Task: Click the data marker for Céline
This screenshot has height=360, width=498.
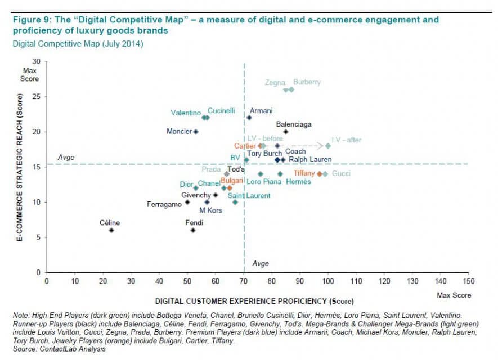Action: (x=111, y=230)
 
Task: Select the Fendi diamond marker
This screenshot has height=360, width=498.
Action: (x=192, y=230)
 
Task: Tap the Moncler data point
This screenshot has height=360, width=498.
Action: (x=196, y=132)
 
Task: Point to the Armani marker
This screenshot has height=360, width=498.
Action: (x=249, y=118)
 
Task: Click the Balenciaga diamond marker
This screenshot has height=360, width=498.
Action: (x=286, y=132)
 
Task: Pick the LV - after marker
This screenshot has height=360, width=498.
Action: (x=328, y=146)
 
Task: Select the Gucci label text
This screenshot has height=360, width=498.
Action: (x=342, y=174)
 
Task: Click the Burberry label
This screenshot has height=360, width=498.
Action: (x=307, y=82)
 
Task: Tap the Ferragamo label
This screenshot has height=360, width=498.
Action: (x=164, y=204)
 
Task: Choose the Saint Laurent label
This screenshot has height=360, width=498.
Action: (x=252, y=196)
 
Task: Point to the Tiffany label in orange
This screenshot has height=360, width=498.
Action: (x=304, y=173)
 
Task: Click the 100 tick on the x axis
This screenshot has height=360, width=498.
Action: (x=328, y=280)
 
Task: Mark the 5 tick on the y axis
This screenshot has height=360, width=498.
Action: (x=38, y=237)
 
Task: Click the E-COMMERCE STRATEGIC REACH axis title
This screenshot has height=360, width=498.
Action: (x=19, y=169)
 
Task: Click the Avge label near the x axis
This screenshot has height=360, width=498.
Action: (x=260, y=263)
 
